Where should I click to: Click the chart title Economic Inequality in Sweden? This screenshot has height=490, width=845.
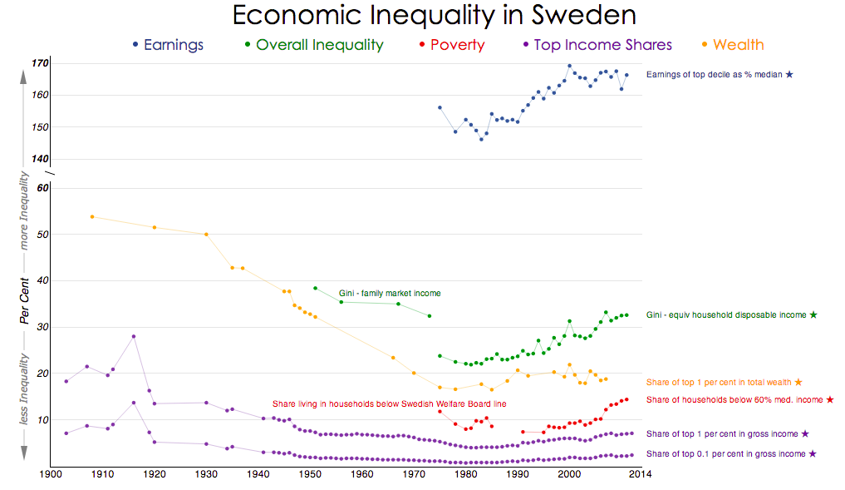pos(434,16)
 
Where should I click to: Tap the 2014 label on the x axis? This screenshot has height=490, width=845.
pos(640,475)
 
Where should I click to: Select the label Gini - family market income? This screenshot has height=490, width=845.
pos(390,294)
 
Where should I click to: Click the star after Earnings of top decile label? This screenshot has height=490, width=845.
pos(789,75)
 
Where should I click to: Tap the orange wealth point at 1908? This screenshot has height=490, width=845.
pos(91,216)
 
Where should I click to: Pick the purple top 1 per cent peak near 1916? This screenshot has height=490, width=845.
pos(133,336)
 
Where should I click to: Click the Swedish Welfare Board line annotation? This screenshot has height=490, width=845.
pos(389,403)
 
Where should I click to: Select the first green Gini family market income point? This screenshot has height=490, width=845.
pos(315,288)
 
